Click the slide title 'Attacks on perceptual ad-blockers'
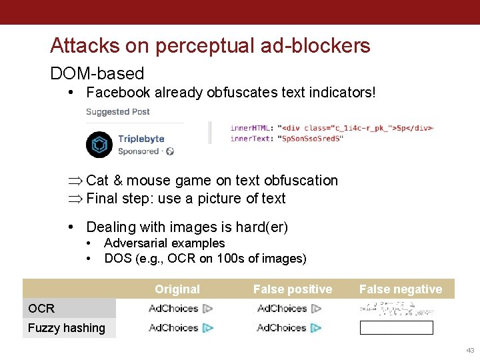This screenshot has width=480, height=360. click(210, 45)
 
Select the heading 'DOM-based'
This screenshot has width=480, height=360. click(97, 73)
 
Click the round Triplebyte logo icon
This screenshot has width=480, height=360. click(99, 145)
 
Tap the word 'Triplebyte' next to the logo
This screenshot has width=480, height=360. click(141, 139)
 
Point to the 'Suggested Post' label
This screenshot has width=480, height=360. click(118, 112)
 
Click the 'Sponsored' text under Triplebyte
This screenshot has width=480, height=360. click(139, 151)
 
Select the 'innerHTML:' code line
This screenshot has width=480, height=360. click(331, 127)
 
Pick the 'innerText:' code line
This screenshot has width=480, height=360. click(287, 138)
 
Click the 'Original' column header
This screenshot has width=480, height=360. click(177, 289)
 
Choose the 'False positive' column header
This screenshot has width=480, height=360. click(292, 289)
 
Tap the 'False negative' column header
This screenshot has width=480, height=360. click(400, 289)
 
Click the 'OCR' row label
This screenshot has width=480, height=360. click(41, 308)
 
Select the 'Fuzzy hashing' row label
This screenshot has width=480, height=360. click(67, 327)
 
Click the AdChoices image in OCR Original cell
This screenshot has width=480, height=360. click(181, 308)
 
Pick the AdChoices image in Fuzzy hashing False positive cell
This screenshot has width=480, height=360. click(289, 327)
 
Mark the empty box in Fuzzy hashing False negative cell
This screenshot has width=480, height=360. click(396, 327)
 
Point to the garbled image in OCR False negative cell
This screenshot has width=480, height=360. click(396, 308)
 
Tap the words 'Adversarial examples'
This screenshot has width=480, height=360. click(164, 243)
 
